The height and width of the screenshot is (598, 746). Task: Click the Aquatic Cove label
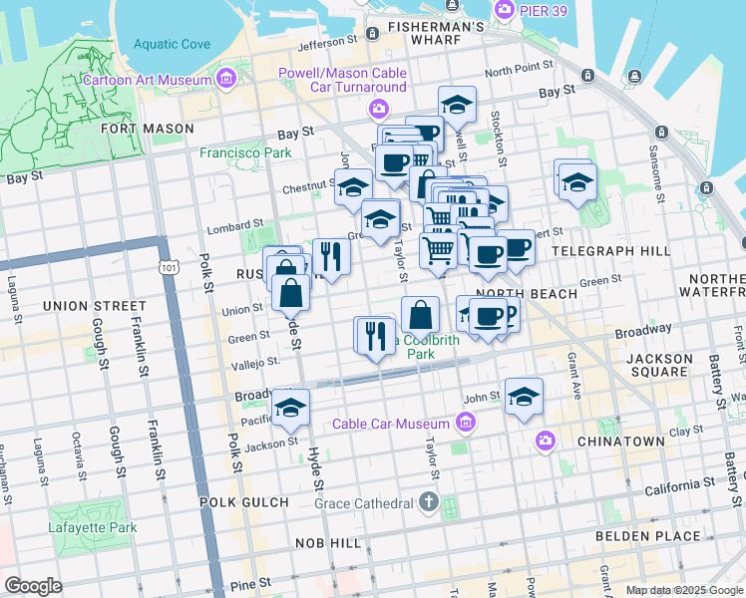click(172, 44)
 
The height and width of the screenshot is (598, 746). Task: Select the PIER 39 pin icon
click(504, 9)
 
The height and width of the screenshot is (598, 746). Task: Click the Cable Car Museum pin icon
click(464, 425)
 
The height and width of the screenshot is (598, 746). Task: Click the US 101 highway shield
click(168, 267)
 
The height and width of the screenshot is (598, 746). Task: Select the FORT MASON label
click(147, 129)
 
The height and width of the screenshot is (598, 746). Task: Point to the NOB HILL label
click(328, 543)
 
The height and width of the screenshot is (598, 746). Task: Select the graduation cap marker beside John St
click(524, 398)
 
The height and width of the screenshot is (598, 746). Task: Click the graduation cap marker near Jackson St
click(290, 409)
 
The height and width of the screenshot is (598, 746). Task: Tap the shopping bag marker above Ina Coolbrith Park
click(421, 315)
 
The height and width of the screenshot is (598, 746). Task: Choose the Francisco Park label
click(245, 153)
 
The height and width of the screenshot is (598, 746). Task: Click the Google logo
click(33, 586)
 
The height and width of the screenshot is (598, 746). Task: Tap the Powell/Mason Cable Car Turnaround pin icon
click(378, 108)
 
